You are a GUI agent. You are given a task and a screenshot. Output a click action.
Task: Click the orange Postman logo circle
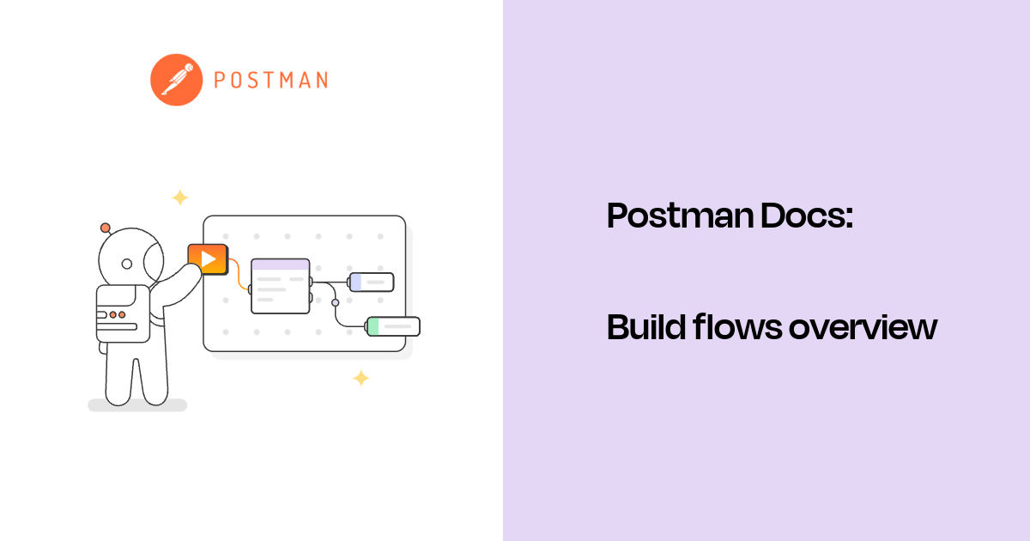(176, 80)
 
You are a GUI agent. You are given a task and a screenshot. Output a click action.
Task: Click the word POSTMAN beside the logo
(270, 81)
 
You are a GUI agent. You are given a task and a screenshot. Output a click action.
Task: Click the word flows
(731, 327)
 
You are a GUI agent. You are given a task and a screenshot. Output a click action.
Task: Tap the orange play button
(208, 258)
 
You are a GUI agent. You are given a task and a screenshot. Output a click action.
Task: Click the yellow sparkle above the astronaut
(179, 198)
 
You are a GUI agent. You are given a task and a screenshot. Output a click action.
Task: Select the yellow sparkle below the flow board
(361, 378)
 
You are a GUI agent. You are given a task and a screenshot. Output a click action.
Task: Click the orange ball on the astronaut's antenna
(105, 228)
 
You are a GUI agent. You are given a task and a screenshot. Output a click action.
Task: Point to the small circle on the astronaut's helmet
(127, 264)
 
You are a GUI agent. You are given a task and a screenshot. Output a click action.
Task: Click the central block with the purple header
(280, 286)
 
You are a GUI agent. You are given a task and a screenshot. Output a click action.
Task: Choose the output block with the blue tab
(371, 282)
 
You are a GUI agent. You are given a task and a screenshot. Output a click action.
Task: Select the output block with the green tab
(393, 326)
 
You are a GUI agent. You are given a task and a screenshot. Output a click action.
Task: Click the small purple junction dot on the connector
(335, 302)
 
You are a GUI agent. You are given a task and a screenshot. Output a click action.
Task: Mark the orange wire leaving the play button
(237, 273)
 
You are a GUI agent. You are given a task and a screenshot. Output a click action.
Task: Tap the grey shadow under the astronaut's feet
(137, 405)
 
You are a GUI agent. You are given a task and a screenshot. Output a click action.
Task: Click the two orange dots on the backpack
(118, 315)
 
